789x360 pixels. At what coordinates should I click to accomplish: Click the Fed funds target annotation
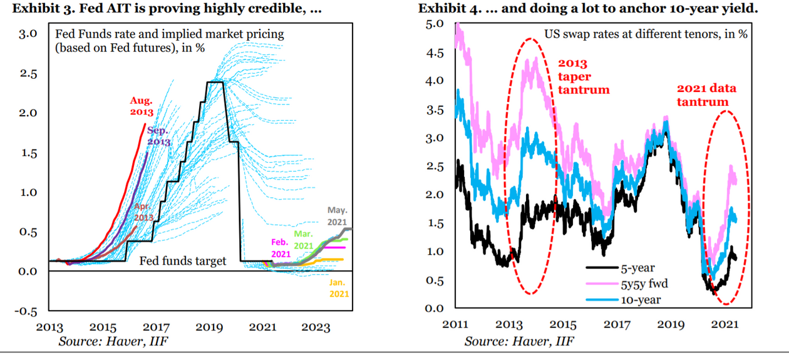182,261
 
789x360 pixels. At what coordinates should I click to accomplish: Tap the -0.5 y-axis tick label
26,311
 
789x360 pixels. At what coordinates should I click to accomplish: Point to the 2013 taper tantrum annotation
582,76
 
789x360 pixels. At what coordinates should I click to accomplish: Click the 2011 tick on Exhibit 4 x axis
455,324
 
